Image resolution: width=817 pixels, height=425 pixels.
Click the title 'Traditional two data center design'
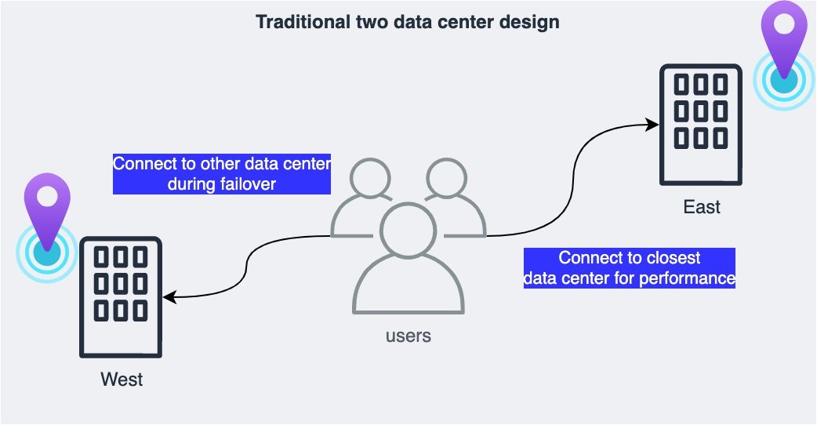coord(408,22)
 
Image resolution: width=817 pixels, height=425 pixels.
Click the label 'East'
coord(702,207)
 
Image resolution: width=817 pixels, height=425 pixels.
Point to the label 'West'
coord(122,380)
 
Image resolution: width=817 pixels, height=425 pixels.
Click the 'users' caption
coord(408,336)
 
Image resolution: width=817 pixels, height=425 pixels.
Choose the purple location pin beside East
coord(784,39)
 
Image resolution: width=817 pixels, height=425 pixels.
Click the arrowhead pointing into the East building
coord(652,125)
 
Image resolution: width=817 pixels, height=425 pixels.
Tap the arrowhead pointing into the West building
coord(170,297)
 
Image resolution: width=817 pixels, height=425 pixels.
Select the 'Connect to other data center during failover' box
coord(222,174)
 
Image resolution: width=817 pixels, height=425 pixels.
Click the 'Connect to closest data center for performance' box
coord(630,267)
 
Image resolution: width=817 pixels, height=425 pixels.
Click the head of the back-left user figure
coord(370,178)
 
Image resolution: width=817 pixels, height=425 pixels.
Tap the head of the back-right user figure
coord(447,178)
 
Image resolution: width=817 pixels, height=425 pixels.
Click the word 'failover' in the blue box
coord(248,183)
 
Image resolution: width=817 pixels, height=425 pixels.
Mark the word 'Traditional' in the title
coord(296,22)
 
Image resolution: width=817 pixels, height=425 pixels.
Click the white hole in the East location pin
coord(784,24)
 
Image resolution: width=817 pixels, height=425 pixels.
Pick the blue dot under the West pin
coord(47,253)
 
